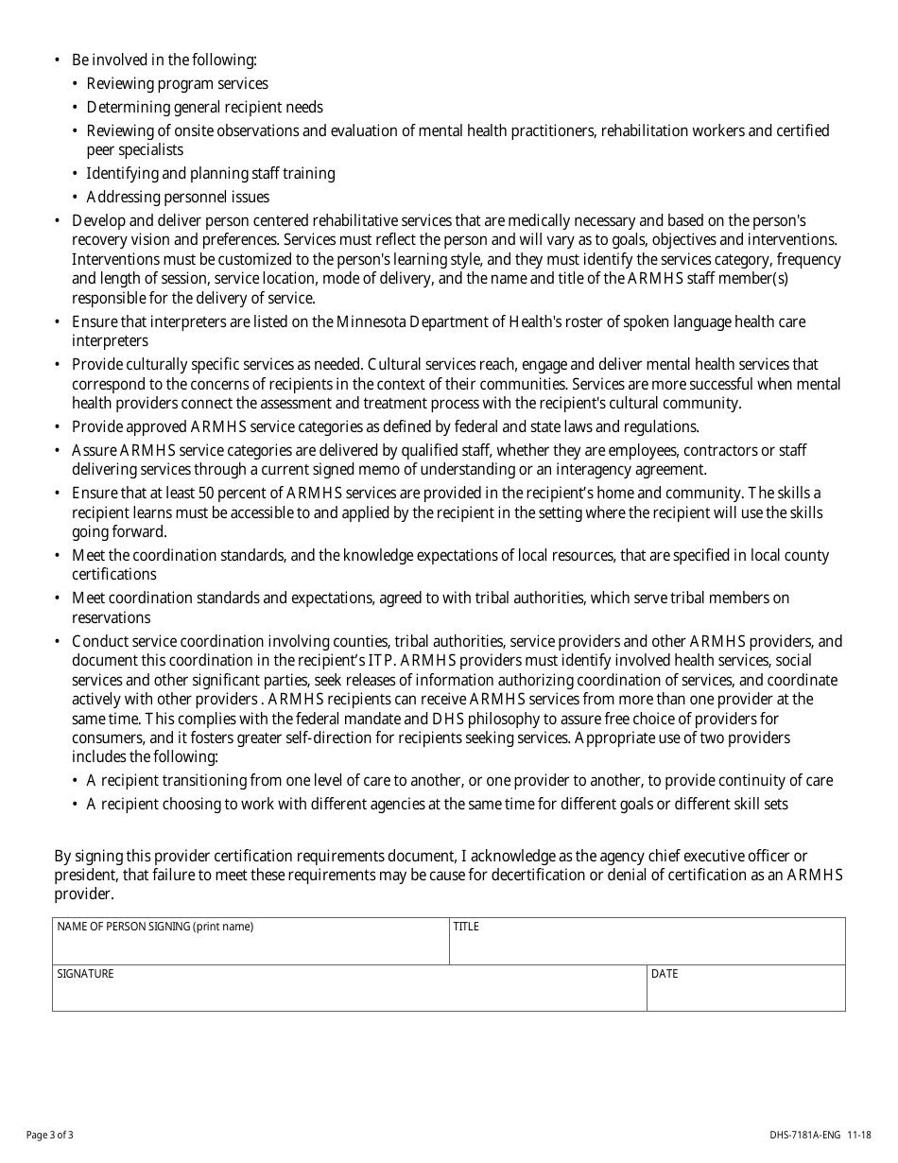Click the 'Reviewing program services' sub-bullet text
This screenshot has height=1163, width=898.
click(177, 83)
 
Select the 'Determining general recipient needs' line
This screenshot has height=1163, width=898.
click(204, 107)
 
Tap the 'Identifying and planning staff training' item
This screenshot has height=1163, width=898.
click(210, 173)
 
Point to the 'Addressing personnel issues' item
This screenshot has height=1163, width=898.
click(178, 197)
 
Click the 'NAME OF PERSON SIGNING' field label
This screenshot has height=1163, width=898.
click(155, 927)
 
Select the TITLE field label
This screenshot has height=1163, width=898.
click(466, 927)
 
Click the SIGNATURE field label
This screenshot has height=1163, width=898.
click(85, 974)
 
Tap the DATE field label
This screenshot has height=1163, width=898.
click(665, 974)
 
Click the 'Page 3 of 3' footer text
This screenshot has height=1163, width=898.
click(49, 1135)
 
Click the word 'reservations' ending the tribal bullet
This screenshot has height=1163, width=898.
click(111, 617)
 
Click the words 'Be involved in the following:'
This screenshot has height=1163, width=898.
click(164, 60)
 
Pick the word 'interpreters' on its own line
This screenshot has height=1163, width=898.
click(110, 340)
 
